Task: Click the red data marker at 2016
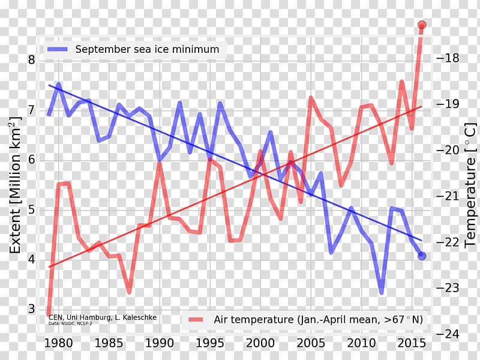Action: click(422, 25)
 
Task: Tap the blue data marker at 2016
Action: click(422, 256)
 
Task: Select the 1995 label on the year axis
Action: click(209, 343)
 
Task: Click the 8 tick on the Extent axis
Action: click(31, 60)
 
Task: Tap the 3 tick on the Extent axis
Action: click(31, 309)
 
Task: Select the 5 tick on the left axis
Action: click(31, 209)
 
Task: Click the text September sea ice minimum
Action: click(147, 49)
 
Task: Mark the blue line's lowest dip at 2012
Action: click(382, 293)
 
